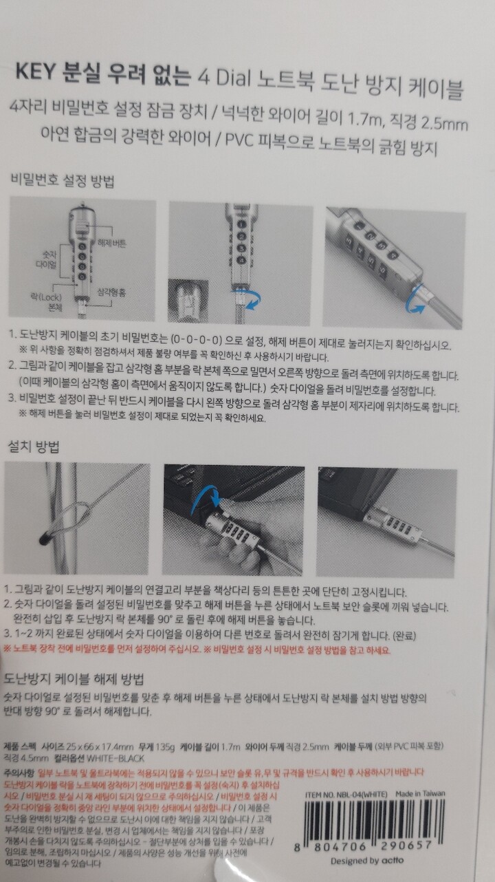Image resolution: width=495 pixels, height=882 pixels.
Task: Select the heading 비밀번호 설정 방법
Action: pos(62,182)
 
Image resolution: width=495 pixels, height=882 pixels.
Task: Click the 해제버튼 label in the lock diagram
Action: pos(113,244)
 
